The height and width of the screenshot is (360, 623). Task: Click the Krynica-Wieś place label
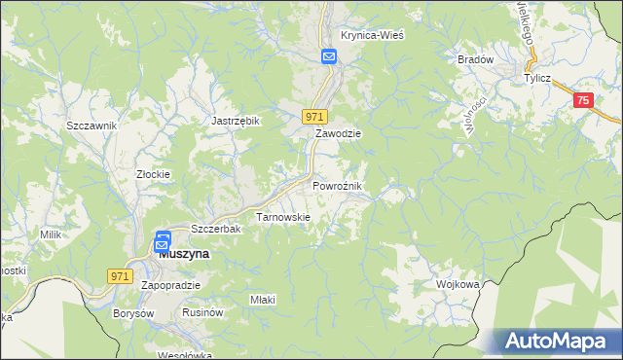click(x=372, y=35)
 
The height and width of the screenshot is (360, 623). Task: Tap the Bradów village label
click(x=476, y=59)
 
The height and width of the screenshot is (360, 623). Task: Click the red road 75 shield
click(x=583, y=100)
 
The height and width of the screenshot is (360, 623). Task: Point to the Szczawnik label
click(x=92, y=126)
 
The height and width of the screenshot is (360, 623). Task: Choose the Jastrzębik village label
click(x=236, y=121)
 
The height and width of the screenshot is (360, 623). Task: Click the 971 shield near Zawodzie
click(x=312, y=116)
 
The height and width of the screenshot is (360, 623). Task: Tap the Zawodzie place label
click(x=338, y=133)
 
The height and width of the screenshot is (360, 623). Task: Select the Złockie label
click(x=153, y=174)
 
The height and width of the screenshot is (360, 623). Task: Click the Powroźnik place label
click(x=338, y=185)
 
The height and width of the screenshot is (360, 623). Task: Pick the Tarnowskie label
click(x=282, y=217)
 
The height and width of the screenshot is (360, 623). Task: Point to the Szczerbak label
click(x=215, y=228)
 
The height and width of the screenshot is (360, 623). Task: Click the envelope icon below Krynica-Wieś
click(x=329, y=57)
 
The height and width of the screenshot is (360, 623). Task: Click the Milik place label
click(x=51, y=234)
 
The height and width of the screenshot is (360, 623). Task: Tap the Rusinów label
click(x=202, y=313)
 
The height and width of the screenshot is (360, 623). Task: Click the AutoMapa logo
click(x=554, y=341)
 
